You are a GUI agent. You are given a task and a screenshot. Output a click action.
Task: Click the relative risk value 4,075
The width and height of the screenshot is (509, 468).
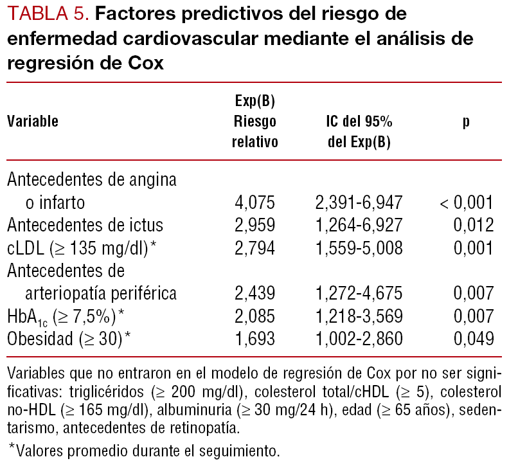pyautogui.click(x=254, y=203)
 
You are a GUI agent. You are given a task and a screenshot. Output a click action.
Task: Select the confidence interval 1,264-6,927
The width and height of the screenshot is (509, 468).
pyautogui.click(x=359, y=226)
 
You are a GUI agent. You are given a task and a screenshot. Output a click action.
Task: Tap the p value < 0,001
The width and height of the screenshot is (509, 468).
pyautogui.click(x=467, y=203)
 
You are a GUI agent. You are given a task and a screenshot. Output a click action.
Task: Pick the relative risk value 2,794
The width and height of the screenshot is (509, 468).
pyautogui.click(x=254, y=248)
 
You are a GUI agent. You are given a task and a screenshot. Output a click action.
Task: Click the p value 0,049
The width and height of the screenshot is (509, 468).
pyautogui.click(x=474, y=338)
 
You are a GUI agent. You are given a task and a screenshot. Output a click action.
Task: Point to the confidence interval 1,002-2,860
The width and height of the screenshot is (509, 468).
pyautogui.click(x=359, y=338)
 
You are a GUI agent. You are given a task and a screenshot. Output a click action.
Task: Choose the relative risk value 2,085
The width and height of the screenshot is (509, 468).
pyautogui.click(x=254, y=316)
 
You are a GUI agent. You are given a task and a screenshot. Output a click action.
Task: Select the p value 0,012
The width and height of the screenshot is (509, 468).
pyautogui.click(x=474, y=226)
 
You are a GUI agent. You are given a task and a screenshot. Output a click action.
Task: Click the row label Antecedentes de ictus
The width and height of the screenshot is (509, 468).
pyautogui.click(x=85, y=226)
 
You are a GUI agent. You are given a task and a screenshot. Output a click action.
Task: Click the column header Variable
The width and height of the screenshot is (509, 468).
pyautogui.click(x=33, y=122)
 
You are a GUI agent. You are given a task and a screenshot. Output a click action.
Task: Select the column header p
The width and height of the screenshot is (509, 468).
pyautogui.click(x=466, y=122)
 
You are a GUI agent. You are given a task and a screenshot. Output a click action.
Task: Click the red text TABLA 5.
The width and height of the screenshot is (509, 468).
pyautogui.click(x=47, y=14)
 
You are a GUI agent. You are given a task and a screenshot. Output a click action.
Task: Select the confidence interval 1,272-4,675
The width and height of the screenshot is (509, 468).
pyautogui.click(x=359, y=293)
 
